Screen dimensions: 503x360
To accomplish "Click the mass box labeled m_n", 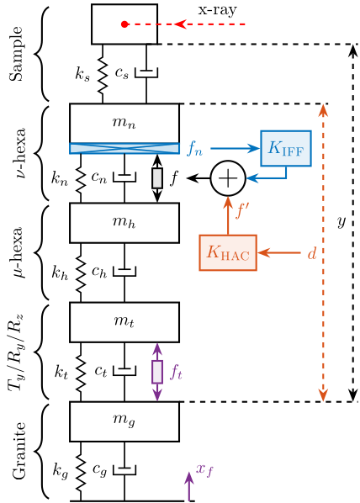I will (124, 123).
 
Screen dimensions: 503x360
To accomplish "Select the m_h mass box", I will (124, 222).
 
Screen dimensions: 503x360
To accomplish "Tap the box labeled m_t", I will (124, 322).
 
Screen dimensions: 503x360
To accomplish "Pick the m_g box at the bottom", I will (124, 421).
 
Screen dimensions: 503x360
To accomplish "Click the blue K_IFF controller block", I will (285, 148).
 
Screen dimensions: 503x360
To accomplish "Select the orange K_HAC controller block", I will (227, 252).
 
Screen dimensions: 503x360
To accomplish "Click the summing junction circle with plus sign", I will (227, 178).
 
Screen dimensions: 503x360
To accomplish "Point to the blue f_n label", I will (194, 150).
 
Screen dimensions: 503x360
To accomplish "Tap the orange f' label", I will (241, 210).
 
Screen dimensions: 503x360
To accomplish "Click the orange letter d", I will (311, 252).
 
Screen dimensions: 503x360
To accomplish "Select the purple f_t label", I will (176, 371).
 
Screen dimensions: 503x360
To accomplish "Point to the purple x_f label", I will (204, 470).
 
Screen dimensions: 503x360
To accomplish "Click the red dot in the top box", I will (124, 24).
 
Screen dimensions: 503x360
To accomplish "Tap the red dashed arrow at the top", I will (210, 24).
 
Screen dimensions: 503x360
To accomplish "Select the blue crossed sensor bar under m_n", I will (124, 148).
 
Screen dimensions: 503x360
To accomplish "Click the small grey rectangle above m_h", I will (156, 178).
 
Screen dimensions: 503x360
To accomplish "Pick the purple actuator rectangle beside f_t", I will (156, 372).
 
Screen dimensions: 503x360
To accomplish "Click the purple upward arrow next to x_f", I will (188, 485).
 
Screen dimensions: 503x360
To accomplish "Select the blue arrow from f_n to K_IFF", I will (235, 148).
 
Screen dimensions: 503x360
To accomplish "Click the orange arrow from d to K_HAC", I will (279, 252).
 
